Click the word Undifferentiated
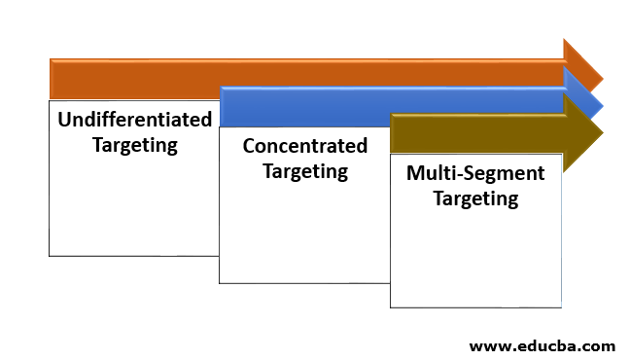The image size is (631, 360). pyautogui.click(x=135, y=121)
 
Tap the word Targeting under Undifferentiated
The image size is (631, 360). pyautogui.click(x=135, y=146)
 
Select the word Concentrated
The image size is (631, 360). pyautogui.click(x=305, y=147)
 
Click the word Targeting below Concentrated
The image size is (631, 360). pyautogui.click(x=305, y=171)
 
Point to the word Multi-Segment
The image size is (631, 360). pyautogui.click(x=475, y=174)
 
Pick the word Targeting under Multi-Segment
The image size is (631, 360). pyautogui.click(x=475, y=199)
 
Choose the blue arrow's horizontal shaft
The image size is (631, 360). pyautogui.click(x=389, y=105)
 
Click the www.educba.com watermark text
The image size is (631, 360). pyautogui.click(x=542, y=345)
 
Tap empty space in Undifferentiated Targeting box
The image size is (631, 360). pyautogui.click(x=134, y=209)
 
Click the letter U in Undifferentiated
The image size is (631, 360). pyautogui.click(x=64, y=121)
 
